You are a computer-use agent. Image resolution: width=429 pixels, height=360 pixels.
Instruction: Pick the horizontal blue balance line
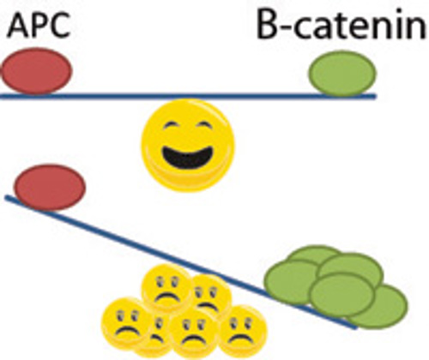(x=189, y=96)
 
